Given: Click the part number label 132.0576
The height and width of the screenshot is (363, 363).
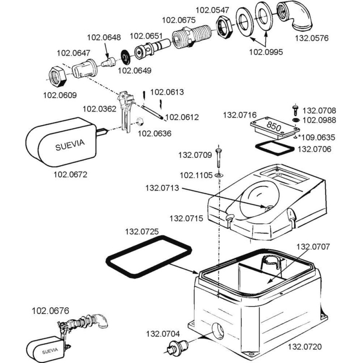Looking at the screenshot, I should [x=314, y=38].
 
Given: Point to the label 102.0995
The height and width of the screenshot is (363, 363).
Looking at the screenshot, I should [x=266, y=52].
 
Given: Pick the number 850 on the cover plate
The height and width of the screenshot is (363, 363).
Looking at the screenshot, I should [x=274, y=125].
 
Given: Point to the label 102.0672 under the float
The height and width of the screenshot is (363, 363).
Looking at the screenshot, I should [x=70, y=174].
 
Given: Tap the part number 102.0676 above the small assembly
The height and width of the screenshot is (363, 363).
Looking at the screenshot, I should [x=50, y=311].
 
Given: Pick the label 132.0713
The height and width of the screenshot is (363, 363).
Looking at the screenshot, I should [x=162, y=188].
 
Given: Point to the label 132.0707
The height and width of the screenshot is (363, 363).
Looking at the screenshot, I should [x=313, y=247].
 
